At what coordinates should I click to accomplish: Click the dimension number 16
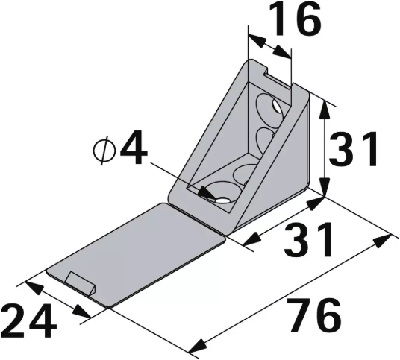point(295,22)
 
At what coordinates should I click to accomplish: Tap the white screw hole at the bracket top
point(277,109)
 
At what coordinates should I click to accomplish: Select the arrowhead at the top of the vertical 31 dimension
point(324,107)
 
